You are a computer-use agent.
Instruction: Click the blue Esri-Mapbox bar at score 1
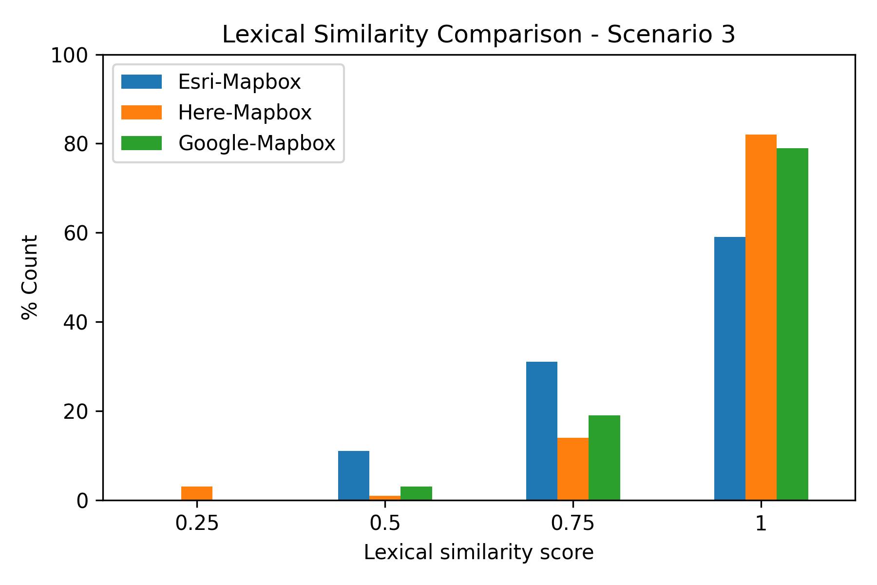point(729,368)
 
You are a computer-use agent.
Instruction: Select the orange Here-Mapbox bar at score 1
point(761,317)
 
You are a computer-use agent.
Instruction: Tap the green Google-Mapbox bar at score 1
point(792,324)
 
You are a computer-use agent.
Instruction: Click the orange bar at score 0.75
point(572,468)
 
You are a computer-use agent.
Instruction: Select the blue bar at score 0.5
point(353,475)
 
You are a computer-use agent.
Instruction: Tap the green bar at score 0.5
point(416,493)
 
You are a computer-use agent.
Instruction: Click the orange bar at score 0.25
point(196,493)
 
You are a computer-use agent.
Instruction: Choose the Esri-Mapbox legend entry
point(239,82)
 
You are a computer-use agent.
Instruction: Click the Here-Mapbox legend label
point(245,113)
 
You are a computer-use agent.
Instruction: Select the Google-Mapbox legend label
point(257,143)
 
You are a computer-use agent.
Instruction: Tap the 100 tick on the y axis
point(76,55)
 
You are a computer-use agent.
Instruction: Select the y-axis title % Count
point(30,277)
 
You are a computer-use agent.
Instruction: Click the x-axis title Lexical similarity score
point(478,553)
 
